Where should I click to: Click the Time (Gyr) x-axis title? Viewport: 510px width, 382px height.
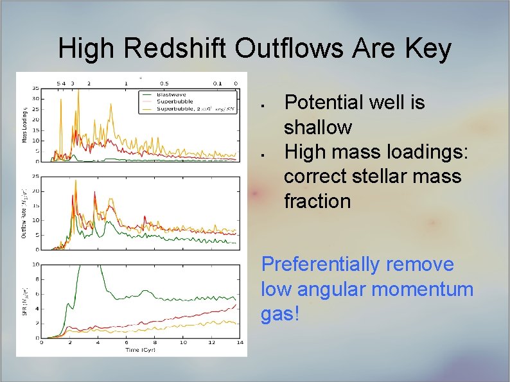click(140, 350)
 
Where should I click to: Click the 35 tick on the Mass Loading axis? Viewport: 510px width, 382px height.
click(35, 88)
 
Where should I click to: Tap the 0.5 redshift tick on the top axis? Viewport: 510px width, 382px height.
click(164, 83)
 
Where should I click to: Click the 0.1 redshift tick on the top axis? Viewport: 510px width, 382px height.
click(218, 83)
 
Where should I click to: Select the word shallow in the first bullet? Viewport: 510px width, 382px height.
click(318, 127)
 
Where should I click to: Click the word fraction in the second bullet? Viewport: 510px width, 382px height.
click(317, 201)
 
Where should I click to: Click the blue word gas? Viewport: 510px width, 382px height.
click(280, 314)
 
